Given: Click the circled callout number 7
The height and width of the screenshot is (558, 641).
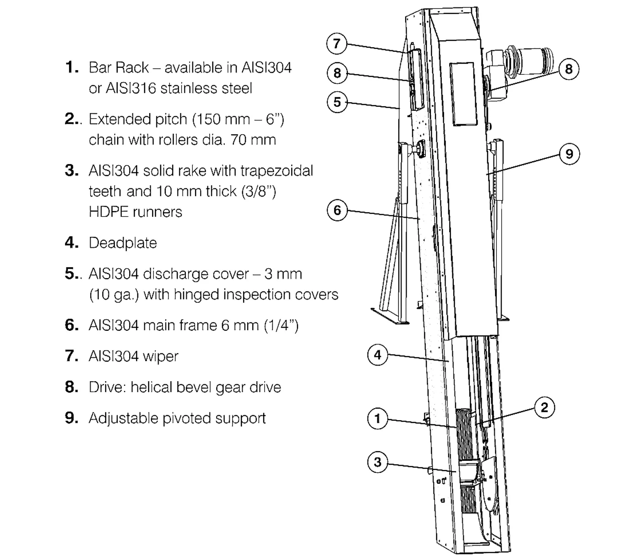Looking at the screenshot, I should [x=337, y=44].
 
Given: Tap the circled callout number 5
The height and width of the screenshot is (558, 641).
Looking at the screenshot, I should [x=337, y=102].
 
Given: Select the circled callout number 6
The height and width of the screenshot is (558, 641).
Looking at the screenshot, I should [x=337, y=210].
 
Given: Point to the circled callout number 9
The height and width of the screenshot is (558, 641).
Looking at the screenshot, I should [x=569, y=153].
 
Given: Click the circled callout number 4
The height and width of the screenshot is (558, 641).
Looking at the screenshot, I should [x=377, y=355].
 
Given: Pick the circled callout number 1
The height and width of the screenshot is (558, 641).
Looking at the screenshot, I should [x=377, y=418].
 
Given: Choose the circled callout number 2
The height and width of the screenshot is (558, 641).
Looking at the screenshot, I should [x=544, y=407].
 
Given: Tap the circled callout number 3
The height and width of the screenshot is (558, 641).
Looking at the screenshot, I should [x=377, y=462].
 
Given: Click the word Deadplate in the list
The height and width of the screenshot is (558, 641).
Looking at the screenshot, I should [x=123, y=243].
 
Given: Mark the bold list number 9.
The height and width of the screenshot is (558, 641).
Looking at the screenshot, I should [x=71, y=418].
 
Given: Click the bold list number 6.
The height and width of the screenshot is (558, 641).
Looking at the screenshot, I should [x=71, y=325].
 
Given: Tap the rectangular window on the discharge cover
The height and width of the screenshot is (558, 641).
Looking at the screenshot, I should [x=463, y=94].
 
